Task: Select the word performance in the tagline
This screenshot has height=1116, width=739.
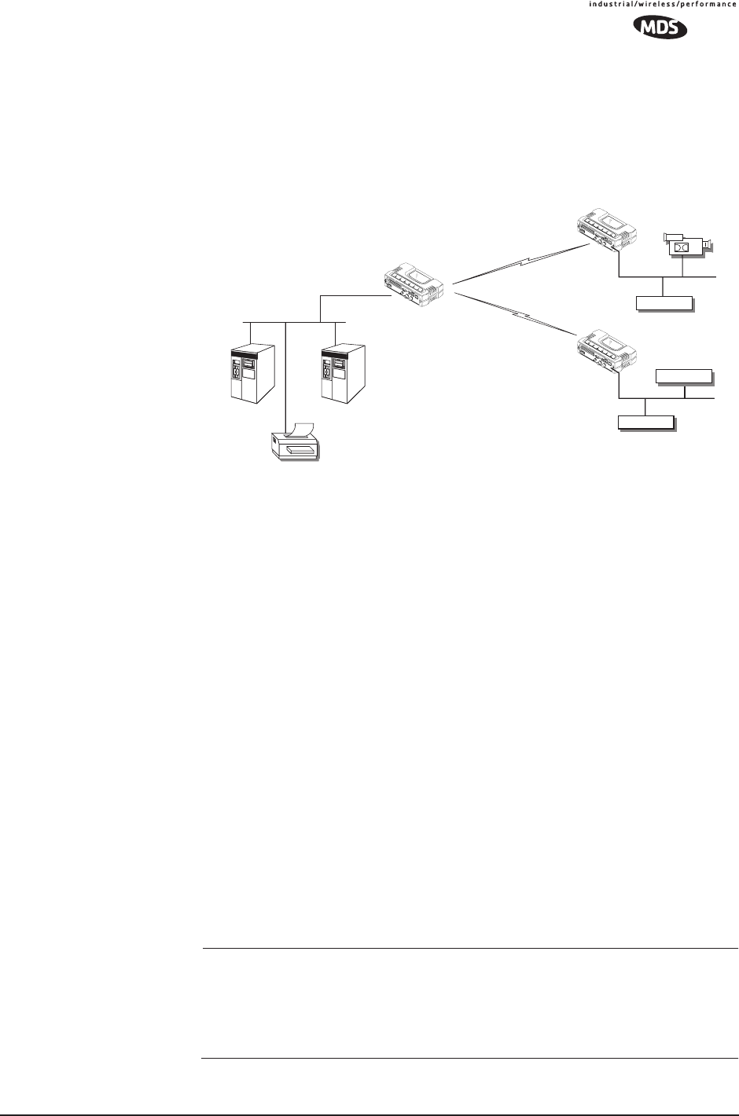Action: pyautogui.click(x=709, y=4)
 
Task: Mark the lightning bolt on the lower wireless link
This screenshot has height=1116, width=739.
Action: pyautogui.click(x=519, y=316)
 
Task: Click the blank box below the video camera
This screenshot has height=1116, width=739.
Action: pyautogui.click(x=664, y=303)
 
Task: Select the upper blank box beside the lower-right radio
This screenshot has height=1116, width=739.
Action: pyautogui.click(x=684, y=377)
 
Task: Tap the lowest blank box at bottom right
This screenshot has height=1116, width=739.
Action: pyautogui.click(x=645, y=423)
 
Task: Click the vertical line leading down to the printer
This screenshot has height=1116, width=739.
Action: pyautogui.click(x=285, y=377)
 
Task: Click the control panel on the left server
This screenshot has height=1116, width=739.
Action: pyautogui.click(x=236, y=377)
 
